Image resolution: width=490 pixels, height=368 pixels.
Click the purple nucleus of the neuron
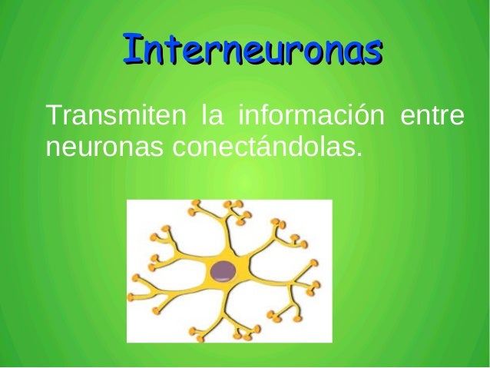click(224, 270)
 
